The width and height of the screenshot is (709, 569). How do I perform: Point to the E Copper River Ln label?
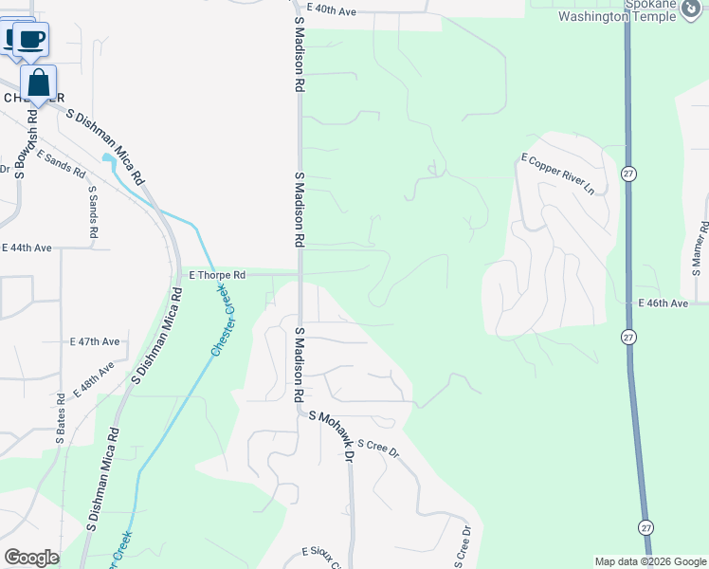tap(557, 174)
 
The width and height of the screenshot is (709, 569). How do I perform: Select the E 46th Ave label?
tap(663, 303)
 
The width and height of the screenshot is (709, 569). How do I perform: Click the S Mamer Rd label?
tap(702, 246)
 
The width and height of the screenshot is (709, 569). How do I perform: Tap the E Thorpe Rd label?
tap(217, 275)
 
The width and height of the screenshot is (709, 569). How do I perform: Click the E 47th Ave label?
tap(95, 341)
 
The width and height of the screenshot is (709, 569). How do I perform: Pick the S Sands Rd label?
tap(93, 211)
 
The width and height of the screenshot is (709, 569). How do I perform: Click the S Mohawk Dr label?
tap(331, 435)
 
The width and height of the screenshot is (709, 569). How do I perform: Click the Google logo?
tap(30, 558)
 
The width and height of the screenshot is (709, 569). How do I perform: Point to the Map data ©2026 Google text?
tap(649, 561)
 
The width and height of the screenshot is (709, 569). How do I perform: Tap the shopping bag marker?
tap(38, 83)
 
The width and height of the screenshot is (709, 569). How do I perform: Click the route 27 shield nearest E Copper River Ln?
tap(628, 174)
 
